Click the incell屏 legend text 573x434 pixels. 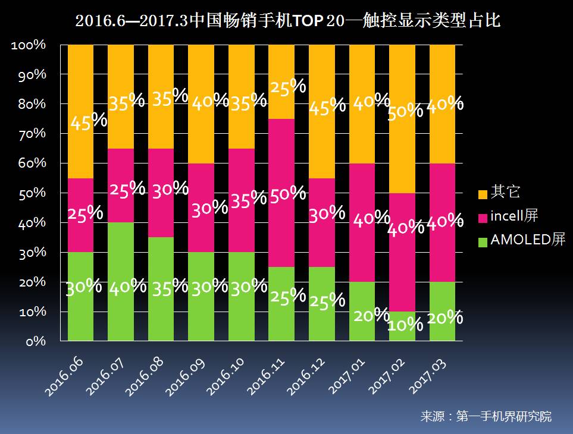pyautogui.click(x=514, y=216)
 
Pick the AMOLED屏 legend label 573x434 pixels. pyautogui.click(x=527, y=240)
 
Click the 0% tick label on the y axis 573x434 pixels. pyautogui.click(x=36, y=342)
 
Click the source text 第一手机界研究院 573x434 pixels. pyautogui.click(x=503, y=416)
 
